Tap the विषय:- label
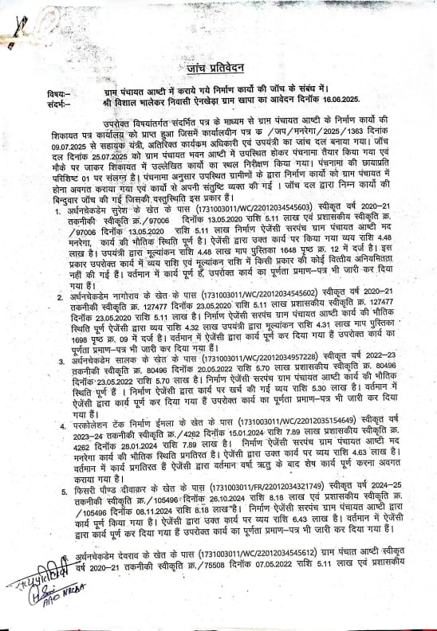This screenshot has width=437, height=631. click(37, 92)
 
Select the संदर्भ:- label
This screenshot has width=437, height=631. click(37, 102)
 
